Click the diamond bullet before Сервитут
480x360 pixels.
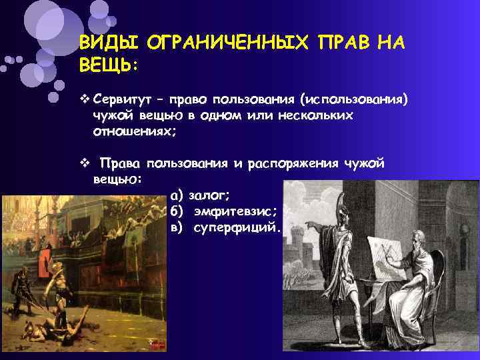(x=83, y=99)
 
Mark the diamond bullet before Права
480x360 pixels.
(x=83, y=163)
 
